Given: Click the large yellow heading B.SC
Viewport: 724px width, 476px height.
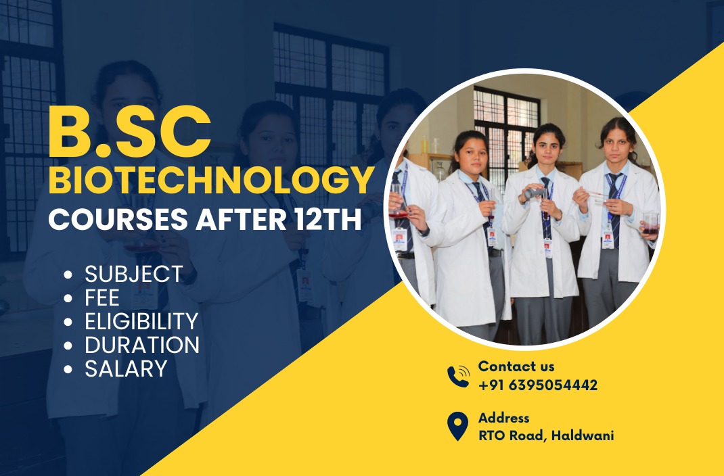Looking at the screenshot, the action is [130, 133].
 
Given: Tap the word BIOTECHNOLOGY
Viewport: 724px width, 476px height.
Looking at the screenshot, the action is [211, 181].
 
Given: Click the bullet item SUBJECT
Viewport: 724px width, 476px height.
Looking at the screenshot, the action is [134, 274].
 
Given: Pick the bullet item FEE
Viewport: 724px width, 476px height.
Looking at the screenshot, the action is [102, 297].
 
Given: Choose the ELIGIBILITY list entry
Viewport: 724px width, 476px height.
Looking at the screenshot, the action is [141, 321].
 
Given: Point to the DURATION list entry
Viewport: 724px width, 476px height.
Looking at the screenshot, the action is [141, 345].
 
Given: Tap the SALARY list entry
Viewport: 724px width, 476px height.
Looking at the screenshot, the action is [126, 368].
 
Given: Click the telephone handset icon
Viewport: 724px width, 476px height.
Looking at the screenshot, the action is [458, 377].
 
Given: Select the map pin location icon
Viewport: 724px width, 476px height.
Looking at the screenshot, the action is [457, 426].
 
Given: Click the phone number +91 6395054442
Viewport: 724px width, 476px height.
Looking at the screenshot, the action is [538, 385].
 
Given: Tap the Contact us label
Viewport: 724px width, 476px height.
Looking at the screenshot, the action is [516, 366].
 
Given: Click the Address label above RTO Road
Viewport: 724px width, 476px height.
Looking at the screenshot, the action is [503, 418].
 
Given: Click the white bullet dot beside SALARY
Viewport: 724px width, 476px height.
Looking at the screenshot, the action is [68, 369].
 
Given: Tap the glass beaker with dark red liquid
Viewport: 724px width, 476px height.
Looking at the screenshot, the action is [650, 224].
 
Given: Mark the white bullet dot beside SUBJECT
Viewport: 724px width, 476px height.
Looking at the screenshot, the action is [68, 275].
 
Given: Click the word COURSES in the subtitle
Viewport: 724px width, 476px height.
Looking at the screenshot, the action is [118, 220].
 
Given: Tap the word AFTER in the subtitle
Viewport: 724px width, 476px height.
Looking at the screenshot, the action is [241, 220].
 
